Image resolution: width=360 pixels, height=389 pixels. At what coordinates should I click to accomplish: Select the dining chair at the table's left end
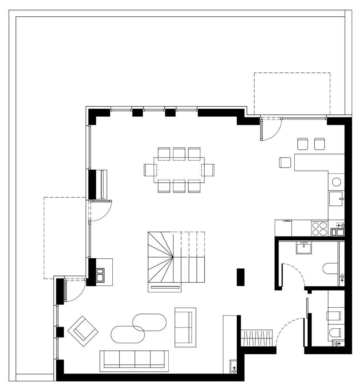pyautogui.click(x=150, y=170)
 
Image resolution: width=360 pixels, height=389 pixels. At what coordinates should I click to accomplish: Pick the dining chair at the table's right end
pyautogui.click(x=208, y=170)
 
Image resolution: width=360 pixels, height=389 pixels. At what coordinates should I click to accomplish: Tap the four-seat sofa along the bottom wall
pyautogui.click(x=134, y=359)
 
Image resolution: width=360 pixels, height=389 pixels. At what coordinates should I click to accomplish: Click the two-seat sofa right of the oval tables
pyautogui.click(x=185, y=327)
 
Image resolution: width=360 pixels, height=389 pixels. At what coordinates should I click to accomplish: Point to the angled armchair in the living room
pyautogui.click(x=83, y=330)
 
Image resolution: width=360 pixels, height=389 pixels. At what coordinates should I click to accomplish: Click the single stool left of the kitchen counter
pyautogui.click(x=285, y=162)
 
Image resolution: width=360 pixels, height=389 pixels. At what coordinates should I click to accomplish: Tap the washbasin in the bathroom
pyautogui.click(x=304, y=248)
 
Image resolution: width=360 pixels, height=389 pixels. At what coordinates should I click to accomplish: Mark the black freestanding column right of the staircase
pyautogui.click(x=241, y=277)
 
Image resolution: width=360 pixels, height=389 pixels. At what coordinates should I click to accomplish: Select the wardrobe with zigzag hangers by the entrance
pyautogui.click(x=257, y=336)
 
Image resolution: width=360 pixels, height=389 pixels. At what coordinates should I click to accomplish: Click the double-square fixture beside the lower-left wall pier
pyautogui.click(x=100, y=275)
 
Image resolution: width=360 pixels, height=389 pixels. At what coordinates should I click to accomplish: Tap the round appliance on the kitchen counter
pyautogui.click(x=336, y=182)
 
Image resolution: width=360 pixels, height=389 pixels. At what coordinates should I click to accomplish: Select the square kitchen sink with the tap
pyautogui.click(x=336, y=199)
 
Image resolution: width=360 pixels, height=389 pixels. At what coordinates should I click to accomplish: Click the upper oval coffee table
pyautogui.click(x=150, y=322)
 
